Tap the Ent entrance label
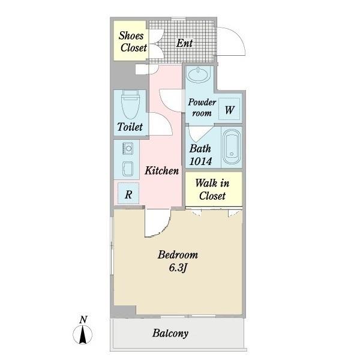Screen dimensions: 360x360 pos(184,43)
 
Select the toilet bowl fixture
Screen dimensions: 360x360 pos(130,106)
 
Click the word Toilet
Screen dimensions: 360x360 pos(130,127)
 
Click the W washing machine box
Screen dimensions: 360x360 pos(230,110)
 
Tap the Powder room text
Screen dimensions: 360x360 pos(202,108)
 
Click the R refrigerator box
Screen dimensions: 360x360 pos(128,194)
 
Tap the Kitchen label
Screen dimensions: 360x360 pos(161,171)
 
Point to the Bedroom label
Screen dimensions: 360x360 pos(178,255)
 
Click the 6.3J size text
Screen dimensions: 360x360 pos(178,268)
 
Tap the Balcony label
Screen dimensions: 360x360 pos(170,334)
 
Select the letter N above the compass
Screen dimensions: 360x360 pos(84,319)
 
